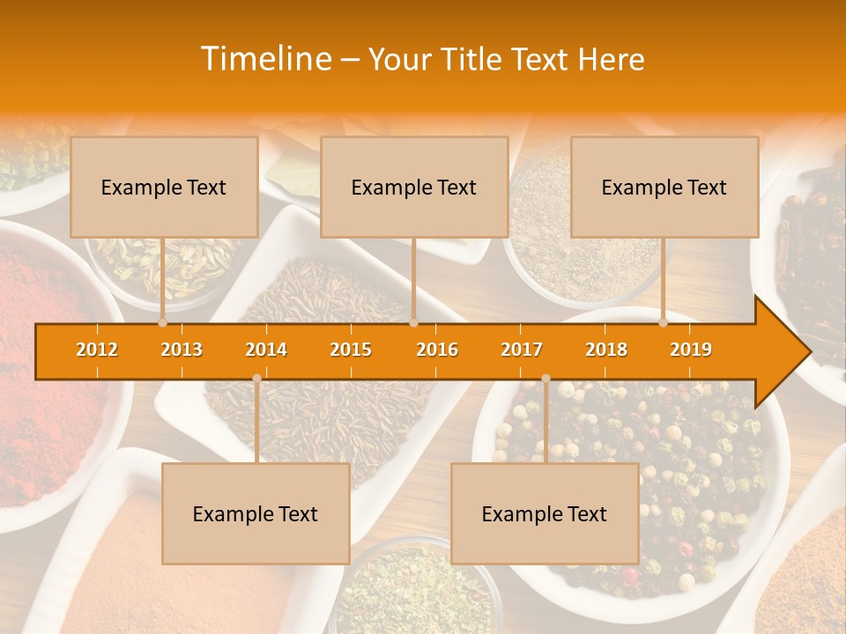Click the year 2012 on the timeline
point(97,350)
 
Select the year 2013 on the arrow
point(182,350)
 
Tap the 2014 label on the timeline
point(266,350)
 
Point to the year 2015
point(351,350)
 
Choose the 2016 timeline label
point(437,350)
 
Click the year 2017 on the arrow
point(522,350)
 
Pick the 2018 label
point(606,350)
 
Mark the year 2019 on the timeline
point(691,350)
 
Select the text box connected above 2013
point(164,187)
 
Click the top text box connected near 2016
point(414,187)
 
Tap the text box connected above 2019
point(664,187)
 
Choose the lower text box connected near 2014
point(256,513)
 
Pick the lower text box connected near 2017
point(545,513)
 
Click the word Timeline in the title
point(264,59)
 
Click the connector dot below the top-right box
point(664,323)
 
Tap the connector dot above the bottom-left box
point(256,378)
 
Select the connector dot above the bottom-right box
point(545,378)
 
